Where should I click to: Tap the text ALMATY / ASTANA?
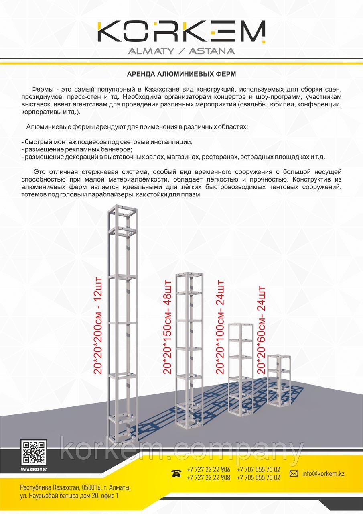click(x=181, y=51)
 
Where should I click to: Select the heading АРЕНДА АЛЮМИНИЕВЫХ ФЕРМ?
click(x=181, y=74)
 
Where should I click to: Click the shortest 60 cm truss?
click(x=279, y=380)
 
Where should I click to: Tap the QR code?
click(x=34, y=452)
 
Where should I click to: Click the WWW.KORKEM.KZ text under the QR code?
click(x=34, y=469)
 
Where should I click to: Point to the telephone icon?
click(x=176, y=474)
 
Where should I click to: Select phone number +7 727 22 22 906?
click(x=209, y=470)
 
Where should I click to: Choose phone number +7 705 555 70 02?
click(x=259, y=478)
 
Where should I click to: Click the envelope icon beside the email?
click(x=294, y=474)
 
